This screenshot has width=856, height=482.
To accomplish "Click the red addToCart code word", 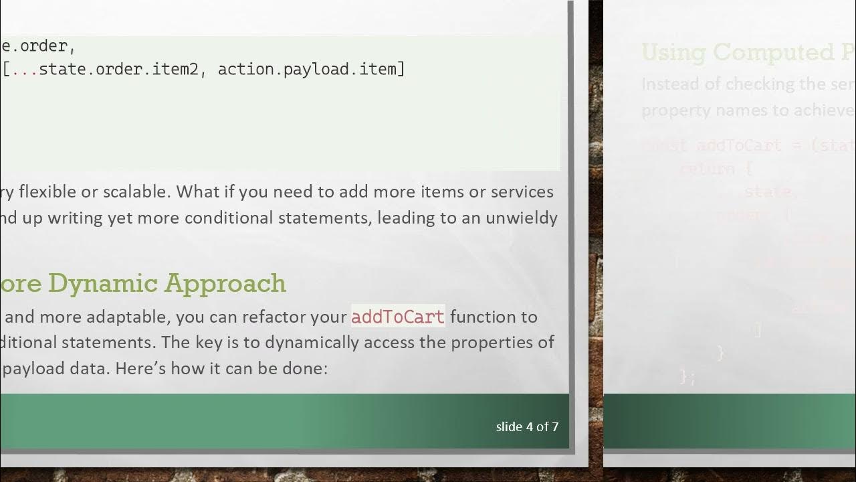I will (x=397, y=317).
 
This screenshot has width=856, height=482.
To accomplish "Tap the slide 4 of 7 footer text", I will (x=527, y=426).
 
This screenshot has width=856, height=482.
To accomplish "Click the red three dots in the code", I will (x=24, y=69).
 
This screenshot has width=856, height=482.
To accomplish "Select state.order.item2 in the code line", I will (x=118, y=69).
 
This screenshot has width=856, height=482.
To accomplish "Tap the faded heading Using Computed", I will (x=729, y=52).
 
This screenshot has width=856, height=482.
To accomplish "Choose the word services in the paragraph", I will (x=522, y=192).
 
